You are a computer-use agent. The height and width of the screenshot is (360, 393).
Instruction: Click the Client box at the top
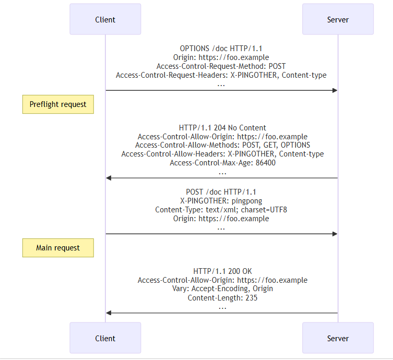point(105,19)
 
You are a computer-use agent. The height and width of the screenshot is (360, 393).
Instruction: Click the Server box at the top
point(338,19)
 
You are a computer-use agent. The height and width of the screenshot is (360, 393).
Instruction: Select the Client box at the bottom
point(105,338)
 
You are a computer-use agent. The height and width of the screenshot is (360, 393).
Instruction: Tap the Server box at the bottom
point(338,338)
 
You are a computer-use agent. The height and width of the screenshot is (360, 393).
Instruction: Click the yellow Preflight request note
point(58,104)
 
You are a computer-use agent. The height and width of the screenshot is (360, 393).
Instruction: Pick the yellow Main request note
point(58,248)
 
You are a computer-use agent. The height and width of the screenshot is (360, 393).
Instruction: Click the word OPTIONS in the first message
point(195,49)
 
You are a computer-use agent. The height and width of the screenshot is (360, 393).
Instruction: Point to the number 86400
point(266,163)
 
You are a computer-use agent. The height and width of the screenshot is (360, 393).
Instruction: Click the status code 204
point(220,128)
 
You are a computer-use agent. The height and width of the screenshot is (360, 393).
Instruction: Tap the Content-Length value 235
point(252,298)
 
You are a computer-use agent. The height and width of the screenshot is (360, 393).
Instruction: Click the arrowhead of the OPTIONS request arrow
point(335,90)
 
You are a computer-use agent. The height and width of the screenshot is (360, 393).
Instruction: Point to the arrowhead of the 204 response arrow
point(109,178)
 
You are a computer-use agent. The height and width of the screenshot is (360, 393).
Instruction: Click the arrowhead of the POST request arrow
point(335,234)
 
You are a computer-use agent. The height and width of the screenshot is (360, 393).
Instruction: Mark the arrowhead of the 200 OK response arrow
point(109,313)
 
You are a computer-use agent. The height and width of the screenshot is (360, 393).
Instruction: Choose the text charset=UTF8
point(264,210)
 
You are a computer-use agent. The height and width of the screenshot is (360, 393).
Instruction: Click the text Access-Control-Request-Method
point(210,66)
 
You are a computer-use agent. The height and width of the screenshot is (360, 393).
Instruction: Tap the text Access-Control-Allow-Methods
point(187,145)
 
